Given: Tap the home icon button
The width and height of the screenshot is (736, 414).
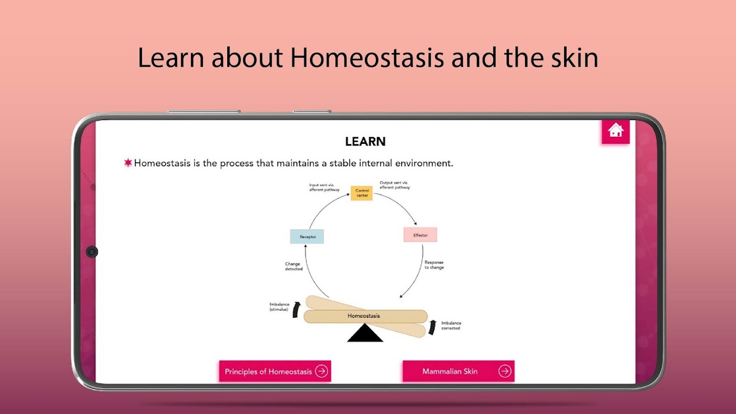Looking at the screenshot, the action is coord(615,131).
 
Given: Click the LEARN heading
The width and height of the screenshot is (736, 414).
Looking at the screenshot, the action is coord(365,142).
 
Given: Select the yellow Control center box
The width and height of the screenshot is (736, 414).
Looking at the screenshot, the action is coord(362,193).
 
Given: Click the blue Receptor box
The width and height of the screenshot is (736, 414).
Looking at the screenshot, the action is coord(307,236).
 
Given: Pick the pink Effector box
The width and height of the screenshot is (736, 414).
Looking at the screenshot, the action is coord(420,235).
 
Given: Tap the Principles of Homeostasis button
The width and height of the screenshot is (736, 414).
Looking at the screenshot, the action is coord(275,371).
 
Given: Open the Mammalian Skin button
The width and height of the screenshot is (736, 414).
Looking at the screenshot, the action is coord(459,371).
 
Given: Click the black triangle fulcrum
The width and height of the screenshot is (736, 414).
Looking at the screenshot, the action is coord(365,333).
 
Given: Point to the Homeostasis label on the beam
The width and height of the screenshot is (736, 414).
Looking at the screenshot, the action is coord(364,316).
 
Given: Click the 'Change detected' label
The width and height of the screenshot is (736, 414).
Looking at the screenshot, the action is coord(293,266).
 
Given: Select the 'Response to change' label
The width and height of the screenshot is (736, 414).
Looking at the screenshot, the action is coord(434,265).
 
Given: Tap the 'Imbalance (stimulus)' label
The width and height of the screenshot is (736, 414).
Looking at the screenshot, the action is coord(279,307).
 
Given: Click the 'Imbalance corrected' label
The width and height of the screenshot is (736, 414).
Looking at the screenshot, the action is coord(451,326).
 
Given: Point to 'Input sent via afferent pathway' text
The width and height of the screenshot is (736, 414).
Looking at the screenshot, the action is coord(325,187).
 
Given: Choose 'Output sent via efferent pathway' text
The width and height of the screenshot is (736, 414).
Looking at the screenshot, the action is coord(394,185).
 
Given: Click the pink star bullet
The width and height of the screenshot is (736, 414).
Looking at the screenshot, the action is coord(128,162).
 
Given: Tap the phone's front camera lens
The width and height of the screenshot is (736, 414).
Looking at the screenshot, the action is coord(92,252).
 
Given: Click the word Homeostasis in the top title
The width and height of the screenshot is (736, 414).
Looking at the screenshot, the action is coord(367,58).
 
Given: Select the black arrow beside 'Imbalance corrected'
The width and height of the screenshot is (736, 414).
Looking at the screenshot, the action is coord(433,327).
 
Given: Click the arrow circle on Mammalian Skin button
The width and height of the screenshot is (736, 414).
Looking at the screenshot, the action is coord(505,371).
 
